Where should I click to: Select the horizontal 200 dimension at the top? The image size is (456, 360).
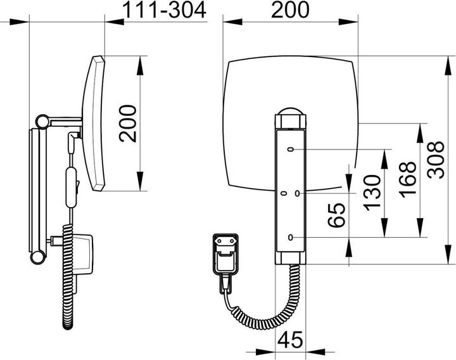pyautogui.click(x=291, y=11)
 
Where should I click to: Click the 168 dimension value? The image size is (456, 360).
pyautogui.click(x=407, y=180)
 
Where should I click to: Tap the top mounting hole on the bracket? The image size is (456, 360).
pyautogui.click(x=290, y=150)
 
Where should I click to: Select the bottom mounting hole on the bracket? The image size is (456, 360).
pyautogui.click(x=290, y=237)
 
